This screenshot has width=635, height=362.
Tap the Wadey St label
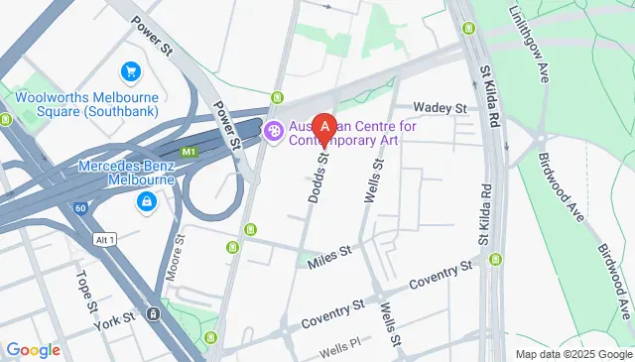441,107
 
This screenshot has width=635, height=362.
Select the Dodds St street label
319,179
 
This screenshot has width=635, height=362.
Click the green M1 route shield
189,151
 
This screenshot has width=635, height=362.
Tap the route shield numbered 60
79,208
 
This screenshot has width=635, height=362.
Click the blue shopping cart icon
130,71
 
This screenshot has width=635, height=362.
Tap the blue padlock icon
146,202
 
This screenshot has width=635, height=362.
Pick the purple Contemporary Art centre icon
274,129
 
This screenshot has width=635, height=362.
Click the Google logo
33,349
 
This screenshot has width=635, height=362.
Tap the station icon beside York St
154,314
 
